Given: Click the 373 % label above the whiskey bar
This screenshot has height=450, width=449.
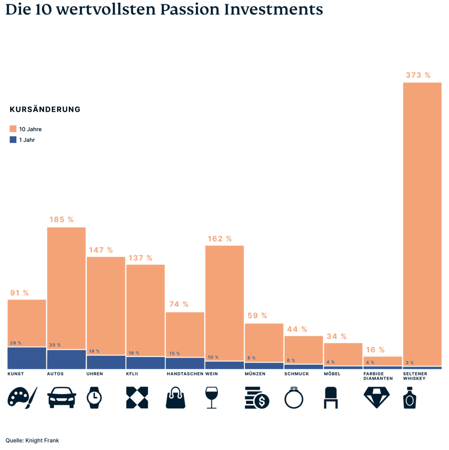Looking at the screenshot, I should (x=418, y=75).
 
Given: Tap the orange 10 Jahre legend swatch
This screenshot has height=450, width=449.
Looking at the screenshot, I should (x=13, y=129).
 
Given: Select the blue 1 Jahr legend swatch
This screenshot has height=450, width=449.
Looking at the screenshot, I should (x=13, y=140).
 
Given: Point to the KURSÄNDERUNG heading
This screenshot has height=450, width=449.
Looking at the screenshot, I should (x=45, y=109).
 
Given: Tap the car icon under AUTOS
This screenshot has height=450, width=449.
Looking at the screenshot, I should (x=62, y=398).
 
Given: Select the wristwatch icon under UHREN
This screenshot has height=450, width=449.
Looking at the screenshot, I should (x=94, y=398).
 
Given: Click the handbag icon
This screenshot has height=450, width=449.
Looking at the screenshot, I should (x=175, y=398).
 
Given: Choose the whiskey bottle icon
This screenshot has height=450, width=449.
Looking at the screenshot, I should (x=409, y=398).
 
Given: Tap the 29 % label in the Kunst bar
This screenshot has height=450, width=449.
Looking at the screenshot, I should (x=15, y=343).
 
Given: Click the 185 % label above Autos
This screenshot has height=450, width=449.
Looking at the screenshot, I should (x=62, y=219).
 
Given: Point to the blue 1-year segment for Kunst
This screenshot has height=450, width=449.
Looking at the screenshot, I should (x=27, y=358).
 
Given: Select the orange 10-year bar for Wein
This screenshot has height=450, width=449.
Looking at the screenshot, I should (x=224, y=303).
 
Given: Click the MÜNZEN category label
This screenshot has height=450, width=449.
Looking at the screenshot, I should (x=255, y=374).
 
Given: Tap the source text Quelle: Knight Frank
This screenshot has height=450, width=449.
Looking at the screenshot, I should (x=32, y=440).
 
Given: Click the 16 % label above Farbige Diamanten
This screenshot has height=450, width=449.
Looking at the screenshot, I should (x=375, y=350).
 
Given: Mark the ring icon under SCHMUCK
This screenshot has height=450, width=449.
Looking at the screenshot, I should (x=294, y=398).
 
